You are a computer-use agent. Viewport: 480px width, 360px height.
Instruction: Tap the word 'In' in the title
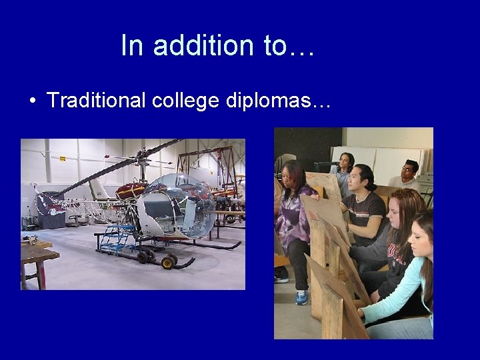131,45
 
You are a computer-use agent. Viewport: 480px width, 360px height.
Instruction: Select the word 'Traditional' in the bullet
96,101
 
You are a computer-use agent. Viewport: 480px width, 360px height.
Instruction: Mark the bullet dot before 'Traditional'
32,101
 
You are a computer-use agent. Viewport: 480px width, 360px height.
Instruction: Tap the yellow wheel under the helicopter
168,263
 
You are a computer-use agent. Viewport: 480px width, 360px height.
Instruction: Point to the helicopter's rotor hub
141,160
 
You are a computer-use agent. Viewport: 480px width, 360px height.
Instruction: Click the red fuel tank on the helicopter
131,191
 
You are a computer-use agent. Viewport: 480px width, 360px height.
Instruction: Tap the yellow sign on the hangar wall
62,159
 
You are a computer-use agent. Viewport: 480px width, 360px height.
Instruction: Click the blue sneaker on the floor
302,297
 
